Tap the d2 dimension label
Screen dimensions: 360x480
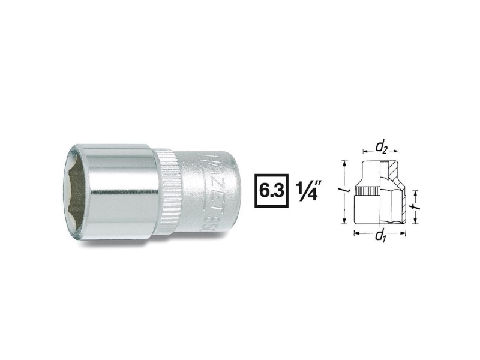[x=381, y=146]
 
